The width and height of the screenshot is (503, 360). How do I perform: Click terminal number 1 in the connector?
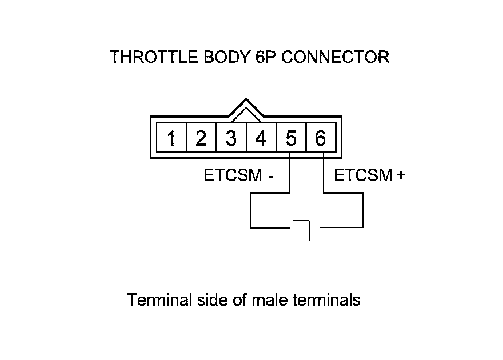(x=171, y=138)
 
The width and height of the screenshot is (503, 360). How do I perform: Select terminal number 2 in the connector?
(x=201, y=138)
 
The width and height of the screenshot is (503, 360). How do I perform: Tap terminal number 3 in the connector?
(x=231, y=138)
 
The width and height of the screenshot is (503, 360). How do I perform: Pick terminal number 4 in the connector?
(x=261, y=138)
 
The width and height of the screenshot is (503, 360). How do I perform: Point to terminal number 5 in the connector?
(x=290, y=138)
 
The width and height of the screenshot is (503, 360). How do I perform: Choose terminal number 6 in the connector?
(x=320, y=138)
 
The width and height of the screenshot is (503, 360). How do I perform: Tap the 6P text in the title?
(x=265, y=57)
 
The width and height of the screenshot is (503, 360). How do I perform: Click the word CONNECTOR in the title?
(x=336, y=57)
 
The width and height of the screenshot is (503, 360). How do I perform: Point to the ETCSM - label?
(x=238, y=175)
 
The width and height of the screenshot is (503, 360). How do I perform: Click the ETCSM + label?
(x=369, y=175)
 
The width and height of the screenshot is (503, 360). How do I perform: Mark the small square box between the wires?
(x=301, y=230)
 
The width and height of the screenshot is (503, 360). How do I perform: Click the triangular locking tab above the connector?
(x=246, y=109)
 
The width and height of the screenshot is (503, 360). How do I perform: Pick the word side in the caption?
(x=207, y=300)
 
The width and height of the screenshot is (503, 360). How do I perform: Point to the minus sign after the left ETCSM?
(x=270, y=176)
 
